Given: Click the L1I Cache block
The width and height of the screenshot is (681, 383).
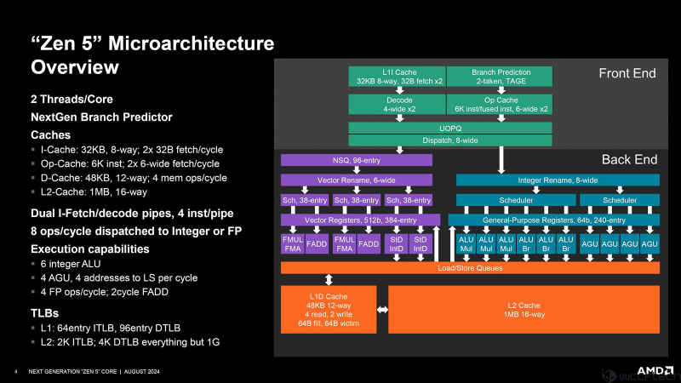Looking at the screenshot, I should coord(397,76).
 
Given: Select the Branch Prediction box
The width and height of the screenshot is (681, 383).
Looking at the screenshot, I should coord(499,76).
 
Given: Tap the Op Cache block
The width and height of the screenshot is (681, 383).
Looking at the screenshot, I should coord(499,104).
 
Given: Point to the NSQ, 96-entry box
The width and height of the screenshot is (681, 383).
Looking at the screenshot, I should coord(357,159).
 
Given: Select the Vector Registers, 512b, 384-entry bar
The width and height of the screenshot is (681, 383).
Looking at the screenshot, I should coord(360,220).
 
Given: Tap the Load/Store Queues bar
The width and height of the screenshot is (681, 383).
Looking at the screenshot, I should coord(470,268).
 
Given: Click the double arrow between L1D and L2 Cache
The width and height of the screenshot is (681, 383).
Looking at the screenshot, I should coord(382,310).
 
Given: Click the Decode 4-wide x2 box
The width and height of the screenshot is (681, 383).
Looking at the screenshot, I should coord(397,104).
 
